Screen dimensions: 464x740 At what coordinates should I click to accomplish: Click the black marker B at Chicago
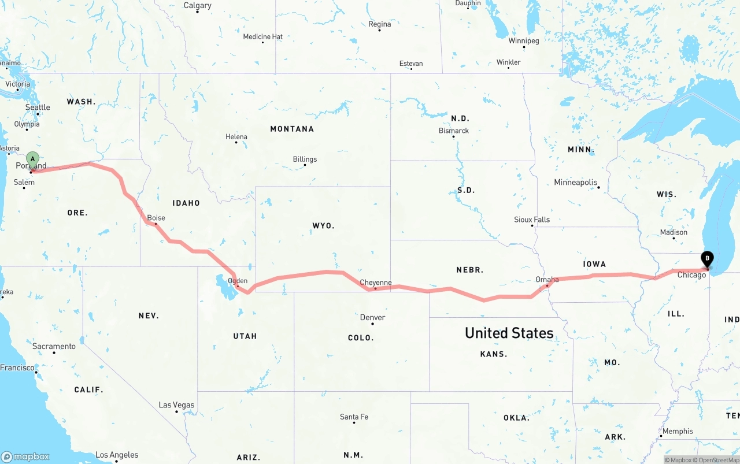pyautogui.click(x=706, y=259)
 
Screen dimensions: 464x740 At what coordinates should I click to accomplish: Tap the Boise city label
pyautogui.click(x=156, y=218)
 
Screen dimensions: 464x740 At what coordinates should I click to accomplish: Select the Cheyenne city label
pyautogui.click(x=376, y=283)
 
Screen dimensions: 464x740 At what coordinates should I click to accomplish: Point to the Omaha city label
pyautogui.click(x=547, y=280)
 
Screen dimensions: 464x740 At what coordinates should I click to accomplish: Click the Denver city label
pyautogui.click(x=372, y=317)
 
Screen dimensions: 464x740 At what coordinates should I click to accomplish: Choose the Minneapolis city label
pyautogui.click(x=576, y=182)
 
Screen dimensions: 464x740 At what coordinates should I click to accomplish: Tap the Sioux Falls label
pyautogui.click(x=532, y=220)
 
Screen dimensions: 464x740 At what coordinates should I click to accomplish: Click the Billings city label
pyautogui.click(x=305, y=159)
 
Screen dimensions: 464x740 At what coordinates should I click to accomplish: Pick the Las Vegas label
pyautogui.click(x=177, y=404)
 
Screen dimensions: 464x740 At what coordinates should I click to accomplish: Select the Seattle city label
pyautogui.click(x=38, y=107)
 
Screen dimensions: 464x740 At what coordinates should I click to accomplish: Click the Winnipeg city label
pyautogui.click(x=524, y=41)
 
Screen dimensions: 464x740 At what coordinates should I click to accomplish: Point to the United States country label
pyautogui.click(x=509, y=333)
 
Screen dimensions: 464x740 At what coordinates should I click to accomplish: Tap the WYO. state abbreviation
pyautogui.click(x=323, y=226)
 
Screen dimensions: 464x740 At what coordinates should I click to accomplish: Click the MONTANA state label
pyautogui.click(x=292, y=129)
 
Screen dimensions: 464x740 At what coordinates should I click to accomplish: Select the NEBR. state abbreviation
pyautogui.click(x=469, y=270)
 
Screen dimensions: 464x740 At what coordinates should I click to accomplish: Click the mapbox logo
pyautogui.click(x=25, y=456)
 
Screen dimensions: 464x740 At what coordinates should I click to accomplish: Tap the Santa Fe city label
pyautogui.click(x=354, y=417)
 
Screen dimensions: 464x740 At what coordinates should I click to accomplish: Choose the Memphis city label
pyautogui.click(x=678, y=431)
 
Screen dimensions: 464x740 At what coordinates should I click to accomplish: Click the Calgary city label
pyautogui.click(x=197, y=5)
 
